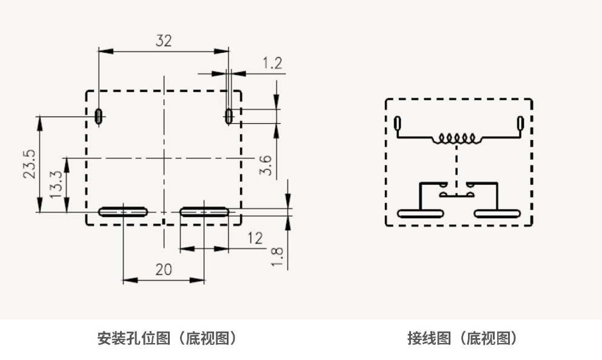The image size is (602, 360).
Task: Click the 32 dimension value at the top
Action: pos(164,41)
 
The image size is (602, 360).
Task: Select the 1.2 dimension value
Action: pos(272,63)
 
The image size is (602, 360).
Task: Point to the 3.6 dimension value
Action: pos(266,165)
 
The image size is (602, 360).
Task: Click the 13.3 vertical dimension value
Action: pos(56,185)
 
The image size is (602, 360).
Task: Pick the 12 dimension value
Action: pos(255,238)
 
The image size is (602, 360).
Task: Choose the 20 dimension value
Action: pos(164,270)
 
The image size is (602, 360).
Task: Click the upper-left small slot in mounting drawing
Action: pos(98,115)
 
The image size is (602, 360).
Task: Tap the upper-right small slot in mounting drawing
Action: pos(229,115)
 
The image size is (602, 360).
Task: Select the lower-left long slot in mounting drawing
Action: pos(123,212)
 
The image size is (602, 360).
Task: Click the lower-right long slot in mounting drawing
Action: pos(204,212)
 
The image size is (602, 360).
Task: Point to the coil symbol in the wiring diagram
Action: pos(456,139)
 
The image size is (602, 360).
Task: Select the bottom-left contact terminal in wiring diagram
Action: pos(420,213)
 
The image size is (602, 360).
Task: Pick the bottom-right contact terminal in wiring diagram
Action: pos(497,213)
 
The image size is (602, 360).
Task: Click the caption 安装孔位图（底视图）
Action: pos(167,338)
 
